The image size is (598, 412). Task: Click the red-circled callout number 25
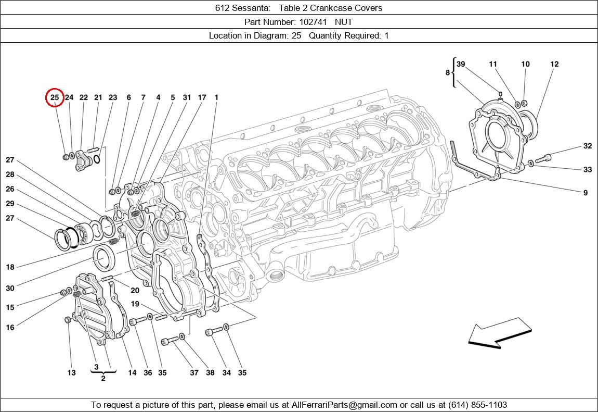coord(55,97)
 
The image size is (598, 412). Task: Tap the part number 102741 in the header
coord(313,22)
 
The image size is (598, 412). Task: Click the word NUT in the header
coord(344,22)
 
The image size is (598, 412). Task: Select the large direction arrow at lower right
coord(500,333)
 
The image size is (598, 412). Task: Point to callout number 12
coord(554,64)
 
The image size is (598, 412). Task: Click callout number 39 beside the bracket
coord(461,64)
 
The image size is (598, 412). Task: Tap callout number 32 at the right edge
coord(587,146)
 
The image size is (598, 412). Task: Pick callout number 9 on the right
coord(586,193)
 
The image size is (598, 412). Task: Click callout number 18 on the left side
coord(10,267)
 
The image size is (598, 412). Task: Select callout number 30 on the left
coord(10,288)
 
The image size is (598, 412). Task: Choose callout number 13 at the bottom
coord(71,372)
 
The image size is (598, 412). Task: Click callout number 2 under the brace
coord(103,379)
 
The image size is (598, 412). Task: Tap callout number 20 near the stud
coord(135,291)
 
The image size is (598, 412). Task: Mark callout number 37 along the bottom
coord(194,372)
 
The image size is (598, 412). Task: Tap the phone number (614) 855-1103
coord(477,405)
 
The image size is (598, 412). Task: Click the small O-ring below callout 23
coord(97,159)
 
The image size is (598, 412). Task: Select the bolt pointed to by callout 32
coord(543,158)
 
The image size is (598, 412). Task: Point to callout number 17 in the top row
coord(202,97)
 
